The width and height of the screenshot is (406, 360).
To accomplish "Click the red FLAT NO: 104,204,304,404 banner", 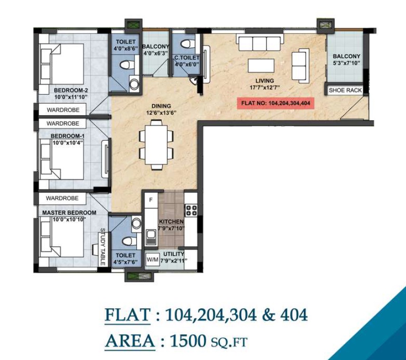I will point(275,102).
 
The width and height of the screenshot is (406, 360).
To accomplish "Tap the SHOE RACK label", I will point(345,90).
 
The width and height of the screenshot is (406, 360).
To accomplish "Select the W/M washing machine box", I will point(153,260).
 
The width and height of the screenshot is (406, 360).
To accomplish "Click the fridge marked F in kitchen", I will point(150,199).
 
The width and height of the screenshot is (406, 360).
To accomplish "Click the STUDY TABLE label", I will point(102,247).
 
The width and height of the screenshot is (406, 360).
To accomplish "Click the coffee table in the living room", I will point(261,65).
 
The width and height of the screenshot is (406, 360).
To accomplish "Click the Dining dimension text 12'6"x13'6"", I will point(162,113).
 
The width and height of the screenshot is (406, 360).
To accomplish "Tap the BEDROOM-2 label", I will point(71,90).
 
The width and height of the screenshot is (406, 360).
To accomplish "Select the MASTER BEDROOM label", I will point(69,213).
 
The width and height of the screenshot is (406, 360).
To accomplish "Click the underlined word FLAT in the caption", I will point(126,315).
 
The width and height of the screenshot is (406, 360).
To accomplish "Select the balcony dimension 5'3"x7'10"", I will point(346,63).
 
